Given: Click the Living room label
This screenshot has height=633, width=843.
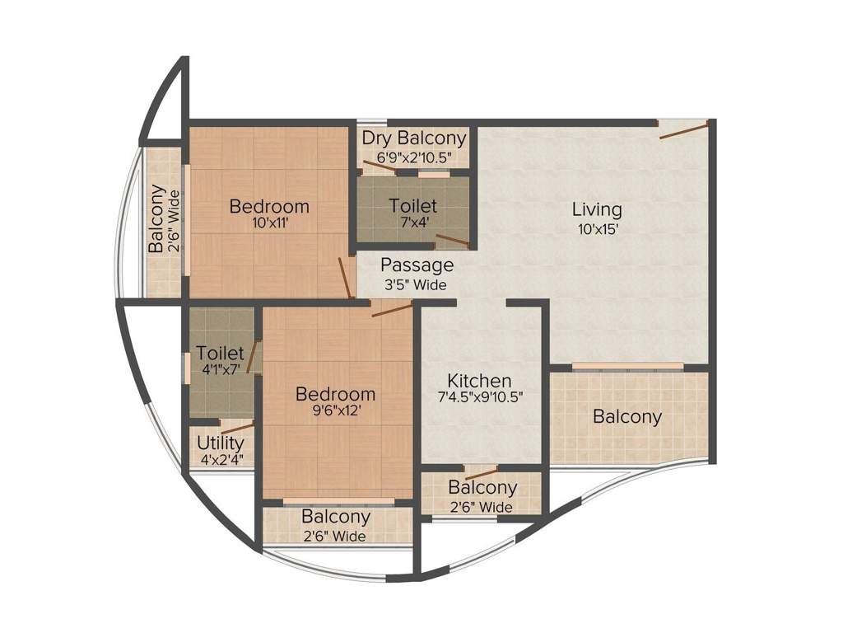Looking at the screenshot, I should [597, 209].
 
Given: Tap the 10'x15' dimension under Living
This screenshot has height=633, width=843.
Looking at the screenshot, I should [597, 229].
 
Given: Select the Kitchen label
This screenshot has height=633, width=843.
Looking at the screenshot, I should [479, 381].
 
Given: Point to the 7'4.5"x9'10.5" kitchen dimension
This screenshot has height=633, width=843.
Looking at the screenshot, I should [481, 396].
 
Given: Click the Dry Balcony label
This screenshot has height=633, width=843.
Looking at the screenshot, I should [414, 138].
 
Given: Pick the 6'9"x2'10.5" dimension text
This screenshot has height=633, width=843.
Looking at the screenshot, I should [414, 156].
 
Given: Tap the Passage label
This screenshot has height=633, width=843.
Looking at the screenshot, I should [417, 265].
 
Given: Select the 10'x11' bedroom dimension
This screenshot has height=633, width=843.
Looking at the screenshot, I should [270, 223].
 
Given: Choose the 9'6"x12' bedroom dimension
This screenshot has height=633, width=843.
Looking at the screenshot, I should [335, 410].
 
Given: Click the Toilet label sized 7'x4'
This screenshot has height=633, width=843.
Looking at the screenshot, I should [413, 205].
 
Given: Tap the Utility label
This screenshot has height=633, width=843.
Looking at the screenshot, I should [221, 443].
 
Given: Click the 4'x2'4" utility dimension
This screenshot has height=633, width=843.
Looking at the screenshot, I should [221, 460].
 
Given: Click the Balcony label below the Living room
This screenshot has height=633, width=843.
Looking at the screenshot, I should [627, 417].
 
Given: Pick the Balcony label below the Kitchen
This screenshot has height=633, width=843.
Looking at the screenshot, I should [482, 488].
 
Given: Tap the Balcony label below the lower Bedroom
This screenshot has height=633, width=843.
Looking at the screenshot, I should [336, 517].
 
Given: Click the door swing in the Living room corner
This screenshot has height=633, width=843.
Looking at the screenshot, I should [683, 129].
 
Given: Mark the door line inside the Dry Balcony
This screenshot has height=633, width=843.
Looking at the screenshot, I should [379, 166].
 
